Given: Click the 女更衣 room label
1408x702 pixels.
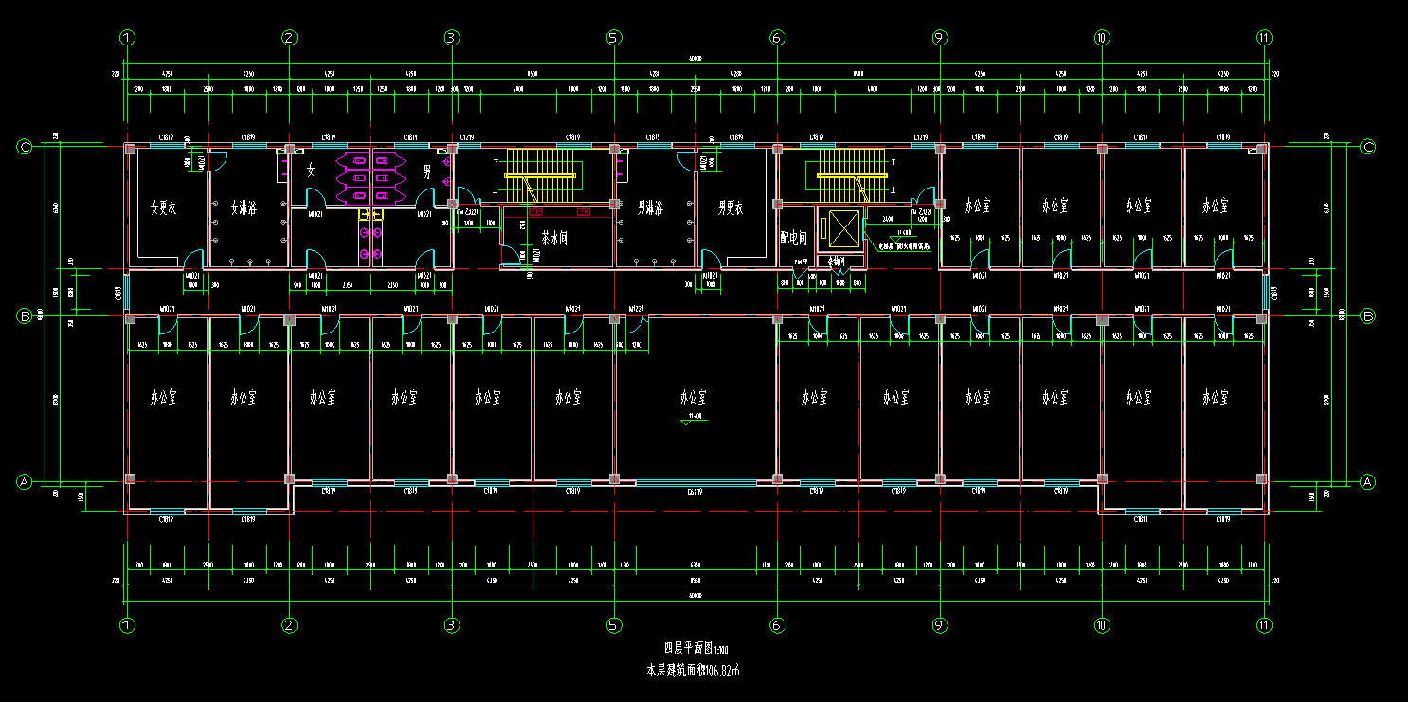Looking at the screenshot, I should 164,207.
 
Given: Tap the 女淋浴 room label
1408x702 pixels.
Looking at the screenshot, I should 244,207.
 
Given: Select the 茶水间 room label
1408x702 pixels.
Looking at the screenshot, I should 553,238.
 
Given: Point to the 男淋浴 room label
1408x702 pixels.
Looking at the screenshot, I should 650,207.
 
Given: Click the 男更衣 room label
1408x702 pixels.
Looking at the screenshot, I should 731,207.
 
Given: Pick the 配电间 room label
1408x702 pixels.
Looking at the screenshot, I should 792,237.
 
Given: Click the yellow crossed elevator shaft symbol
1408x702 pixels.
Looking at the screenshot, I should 841,228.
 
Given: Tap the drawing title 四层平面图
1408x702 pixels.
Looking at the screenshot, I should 689,649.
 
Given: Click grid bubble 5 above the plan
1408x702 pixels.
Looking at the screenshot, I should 614,38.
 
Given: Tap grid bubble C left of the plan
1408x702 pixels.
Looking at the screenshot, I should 26,147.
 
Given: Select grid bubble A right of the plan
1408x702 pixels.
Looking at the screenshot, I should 1367,482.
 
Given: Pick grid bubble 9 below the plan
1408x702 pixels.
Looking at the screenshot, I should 939,625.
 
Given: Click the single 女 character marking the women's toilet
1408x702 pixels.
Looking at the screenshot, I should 310,171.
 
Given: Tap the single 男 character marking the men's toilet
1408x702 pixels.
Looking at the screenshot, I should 427,171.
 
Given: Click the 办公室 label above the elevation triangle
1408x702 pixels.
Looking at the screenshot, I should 695,397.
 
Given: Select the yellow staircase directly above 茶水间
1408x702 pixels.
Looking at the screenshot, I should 540,174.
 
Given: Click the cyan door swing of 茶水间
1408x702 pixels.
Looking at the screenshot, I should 513,254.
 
